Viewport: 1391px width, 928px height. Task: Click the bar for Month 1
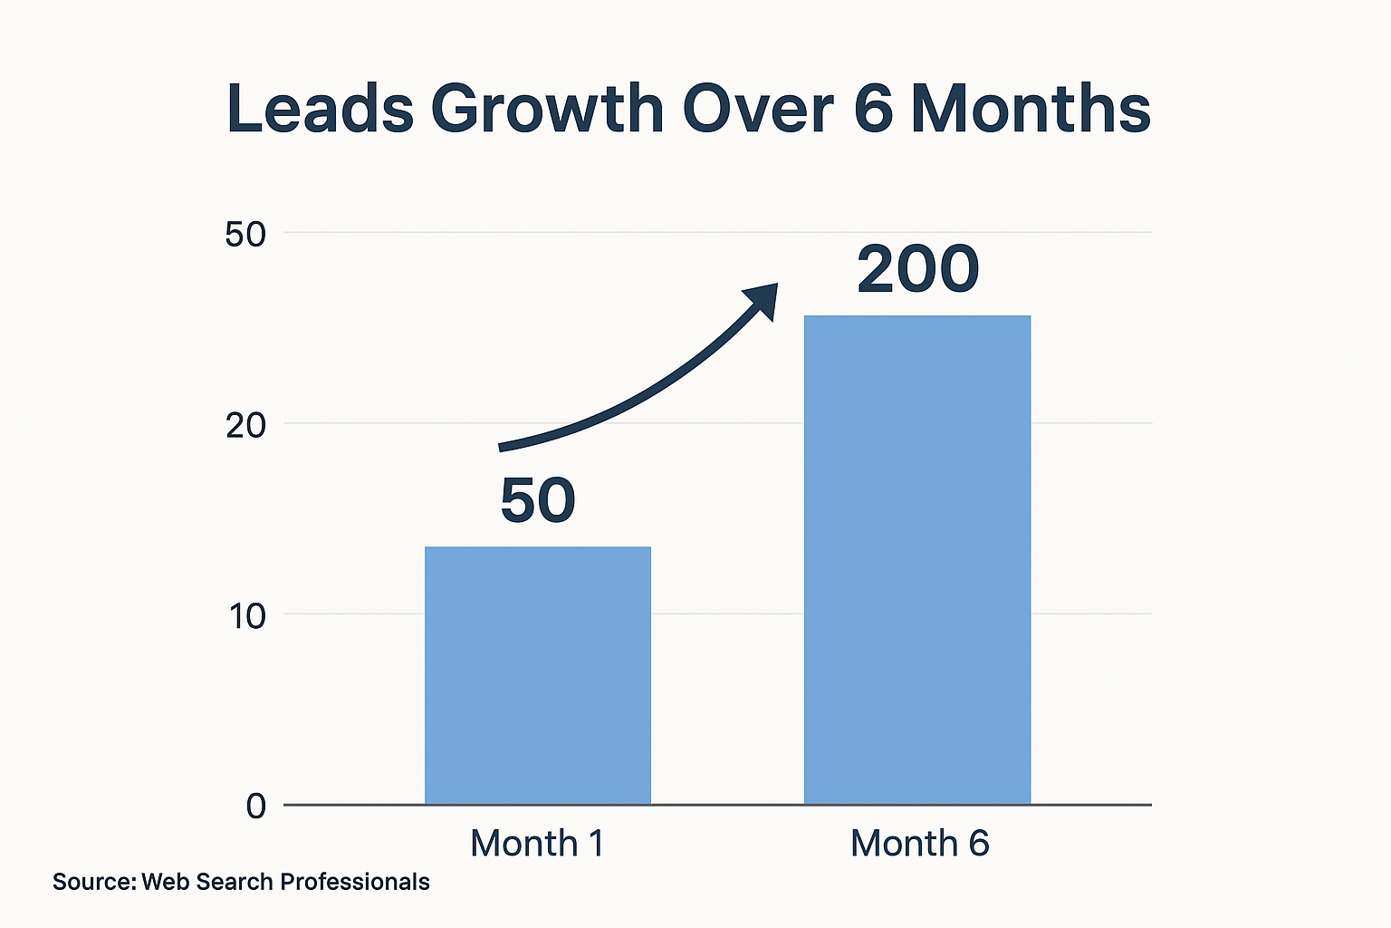coord(538,675)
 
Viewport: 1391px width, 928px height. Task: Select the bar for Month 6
coord(917,559)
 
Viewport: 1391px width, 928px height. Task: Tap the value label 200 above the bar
coord(918,270)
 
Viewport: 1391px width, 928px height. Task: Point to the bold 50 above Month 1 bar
coord(538,500)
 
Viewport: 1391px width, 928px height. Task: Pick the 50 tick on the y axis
coord(245,235)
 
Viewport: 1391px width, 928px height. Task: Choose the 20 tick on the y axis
coord(245,425)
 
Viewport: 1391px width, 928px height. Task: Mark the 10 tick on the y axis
coord(246,616)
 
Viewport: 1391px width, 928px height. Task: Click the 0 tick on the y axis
coord(256,807)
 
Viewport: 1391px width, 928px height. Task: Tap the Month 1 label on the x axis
coord(537,844)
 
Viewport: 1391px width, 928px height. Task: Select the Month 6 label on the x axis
coord(919,844)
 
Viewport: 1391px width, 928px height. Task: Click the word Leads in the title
coord(320,109)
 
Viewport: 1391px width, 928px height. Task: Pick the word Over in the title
coord(757,109)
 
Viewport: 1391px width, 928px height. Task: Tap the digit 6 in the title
coord(873,109)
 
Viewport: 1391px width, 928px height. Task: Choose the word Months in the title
coord(1031,109)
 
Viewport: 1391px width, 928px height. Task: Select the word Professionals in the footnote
coord(355,882)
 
